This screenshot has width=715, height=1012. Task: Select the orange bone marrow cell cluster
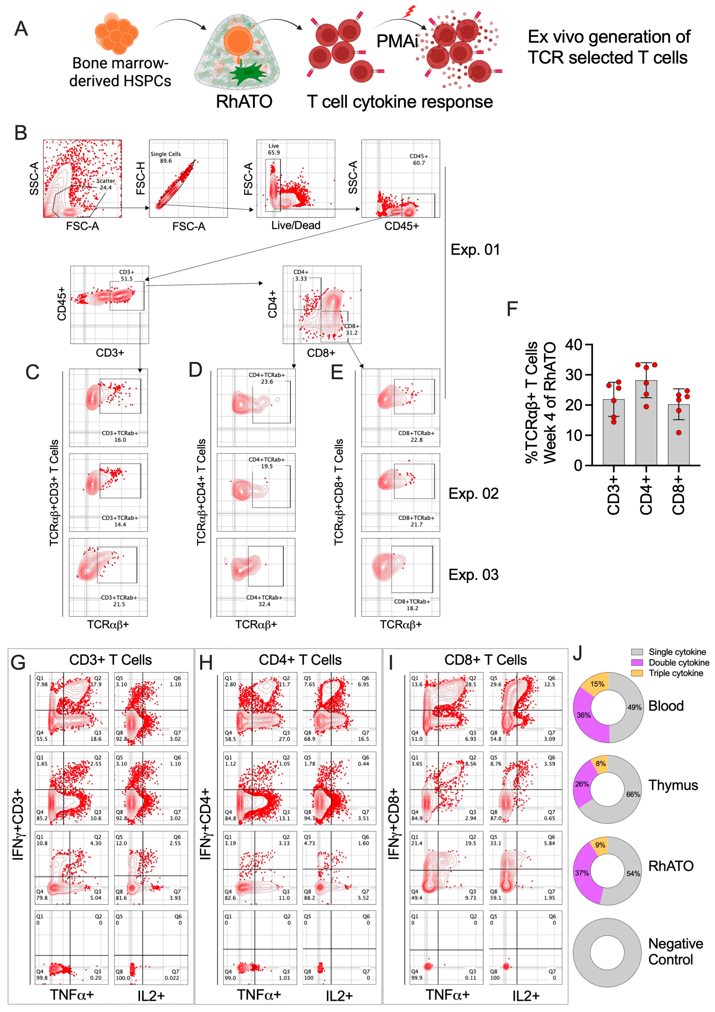116,33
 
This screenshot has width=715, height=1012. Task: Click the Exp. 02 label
473,494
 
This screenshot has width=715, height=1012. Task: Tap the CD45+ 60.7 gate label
419,160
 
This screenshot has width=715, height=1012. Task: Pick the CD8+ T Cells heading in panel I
485,660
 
